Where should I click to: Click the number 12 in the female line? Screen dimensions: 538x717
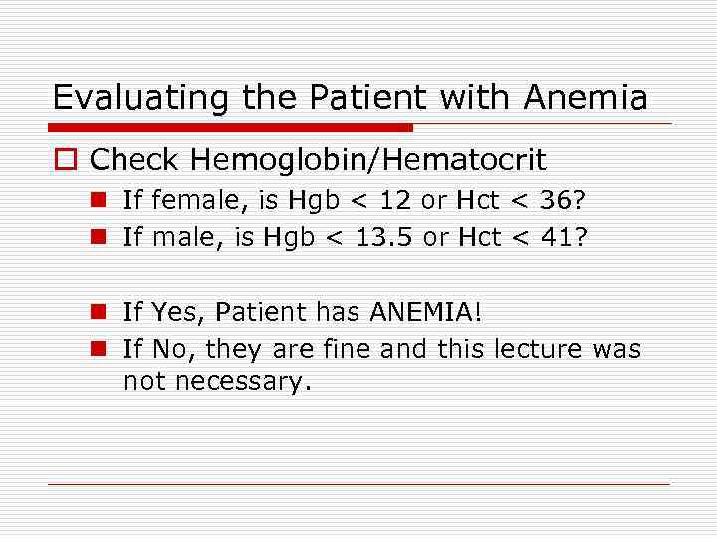393,200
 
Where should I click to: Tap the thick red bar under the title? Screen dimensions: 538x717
231,127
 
